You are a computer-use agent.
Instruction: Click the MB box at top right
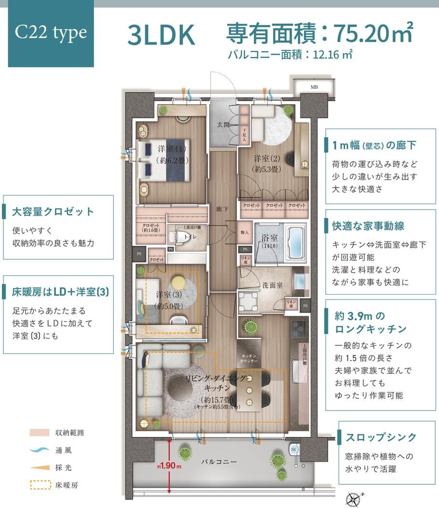(314, 87)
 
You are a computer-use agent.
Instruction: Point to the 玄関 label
(223, 125)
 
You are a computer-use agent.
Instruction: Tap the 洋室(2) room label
(266, 163)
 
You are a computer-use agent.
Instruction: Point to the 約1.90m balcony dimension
(169, 466)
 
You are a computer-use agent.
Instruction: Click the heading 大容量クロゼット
(54, 212)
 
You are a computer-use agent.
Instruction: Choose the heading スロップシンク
(381, 437)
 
